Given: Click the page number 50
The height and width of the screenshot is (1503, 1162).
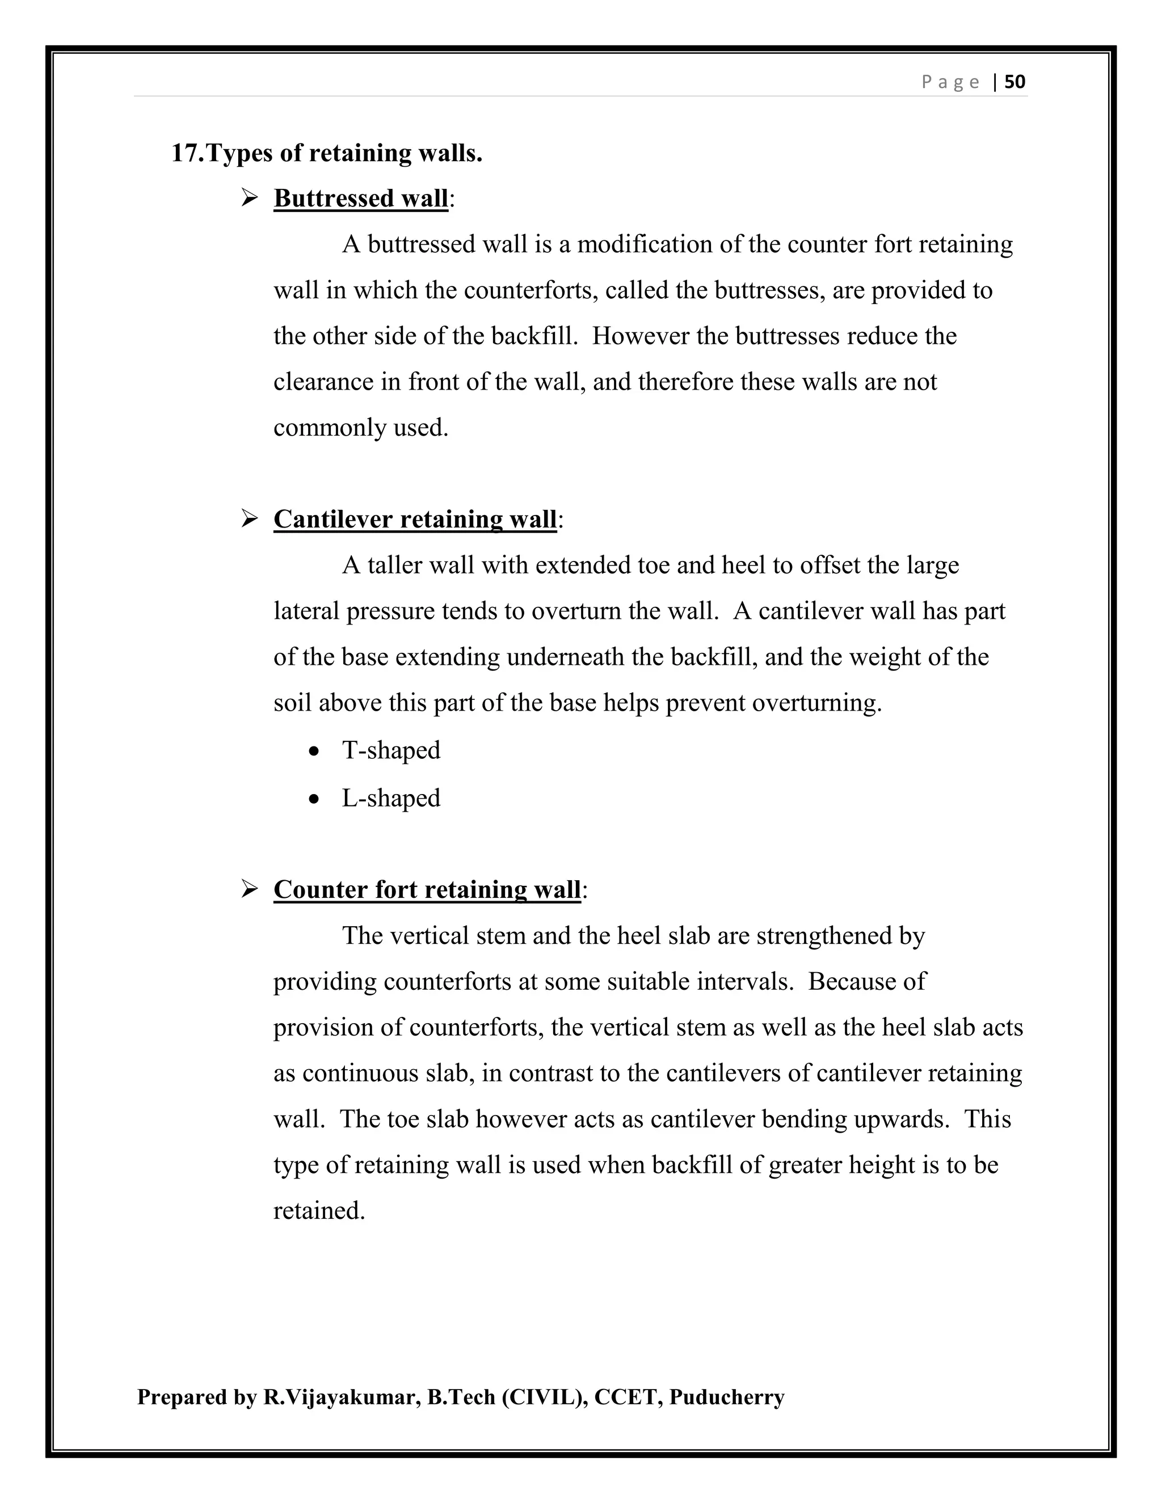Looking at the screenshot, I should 1014,82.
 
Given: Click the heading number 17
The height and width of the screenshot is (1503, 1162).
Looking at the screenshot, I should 187,153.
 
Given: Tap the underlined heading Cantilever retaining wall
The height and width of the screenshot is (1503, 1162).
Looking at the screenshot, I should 414,519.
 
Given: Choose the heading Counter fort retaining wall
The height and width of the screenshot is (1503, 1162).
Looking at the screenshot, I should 427,889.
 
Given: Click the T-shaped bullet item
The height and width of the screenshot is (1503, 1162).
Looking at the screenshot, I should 391,750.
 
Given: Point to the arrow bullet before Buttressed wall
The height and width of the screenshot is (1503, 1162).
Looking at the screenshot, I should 249,198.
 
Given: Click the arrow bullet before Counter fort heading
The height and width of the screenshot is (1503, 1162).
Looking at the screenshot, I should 249,889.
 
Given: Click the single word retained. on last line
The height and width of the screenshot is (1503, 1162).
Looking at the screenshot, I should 319,1210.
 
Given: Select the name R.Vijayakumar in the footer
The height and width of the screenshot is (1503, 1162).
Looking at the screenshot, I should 342,1397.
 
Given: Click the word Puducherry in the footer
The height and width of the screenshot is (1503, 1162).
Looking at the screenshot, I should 726,1397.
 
